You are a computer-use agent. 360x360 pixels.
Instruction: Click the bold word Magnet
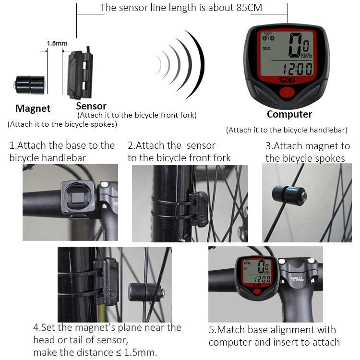pos(33,108)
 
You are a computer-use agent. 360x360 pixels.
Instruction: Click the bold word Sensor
pos(91,106)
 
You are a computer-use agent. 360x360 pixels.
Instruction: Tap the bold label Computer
pos(289,114)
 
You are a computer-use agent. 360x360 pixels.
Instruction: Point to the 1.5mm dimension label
pos(57,43)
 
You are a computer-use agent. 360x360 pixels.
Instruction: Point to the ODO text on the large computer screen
pos(266,48)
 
